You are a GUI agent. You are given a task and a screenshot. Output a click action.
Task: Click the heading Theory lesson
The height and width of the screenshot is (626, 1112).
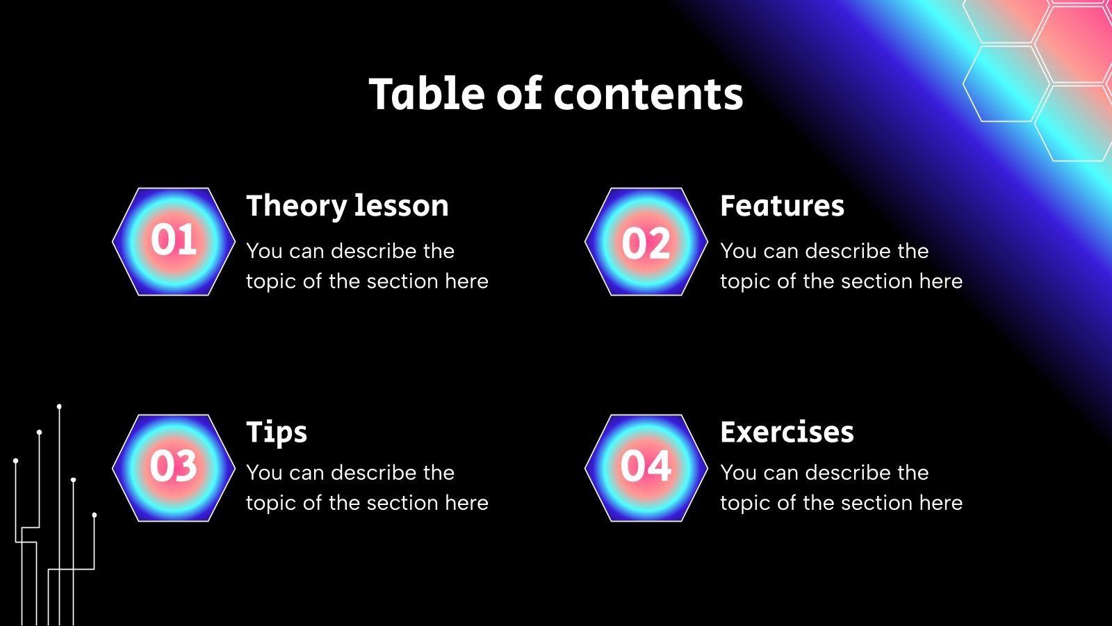click(347, 207)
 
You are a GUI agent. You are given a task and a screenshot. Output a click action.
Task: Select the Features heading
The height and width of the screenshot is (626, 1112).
click(782, 207)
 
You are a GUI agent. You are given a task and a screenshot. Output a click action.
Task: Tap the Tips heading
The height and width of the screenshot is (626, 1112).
click(277, 433)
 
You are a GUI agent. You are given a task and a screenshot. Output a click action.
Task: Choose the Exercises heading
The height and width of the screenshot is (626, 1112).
click(787, 433)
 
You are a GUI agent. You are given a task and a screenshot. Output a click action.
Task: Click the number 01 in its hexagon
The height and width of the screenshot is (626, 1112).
click(174, 241)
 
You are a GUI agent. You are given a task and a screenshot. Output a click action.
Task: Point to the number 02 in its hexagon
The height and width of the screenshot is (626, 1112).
click(646, 243)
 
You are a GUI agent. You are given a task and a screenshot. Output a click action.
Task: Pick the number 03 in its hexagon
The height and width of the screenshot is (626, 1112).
click(174, 466)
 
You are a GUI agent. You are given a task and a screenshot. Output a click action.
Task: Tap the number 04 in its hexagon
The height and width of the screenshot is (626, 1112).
click(646, 466)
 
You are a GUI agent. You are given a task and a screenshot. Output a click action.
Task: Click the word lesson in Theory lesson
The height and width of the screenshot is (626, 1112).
click(401, 207)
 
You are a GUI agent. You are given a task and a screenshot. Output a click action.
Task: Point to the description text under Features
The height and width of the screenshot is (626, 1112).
click(841, 266)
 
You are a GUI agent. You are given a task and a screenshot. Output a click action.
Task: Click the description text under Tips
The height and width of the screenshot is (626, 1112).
click(367, 488)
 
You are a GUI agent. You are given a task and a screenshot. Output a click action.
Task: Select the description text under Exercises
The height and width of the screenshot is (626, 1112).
click(841, 488)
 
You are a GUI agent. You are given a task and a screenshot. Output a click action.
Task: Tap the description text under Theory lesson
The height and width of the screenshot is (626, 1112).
click(367, 266)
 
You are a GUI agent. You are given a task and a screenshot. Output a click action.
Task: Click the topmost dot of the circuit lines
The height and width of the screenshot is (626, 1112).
click(59, 406)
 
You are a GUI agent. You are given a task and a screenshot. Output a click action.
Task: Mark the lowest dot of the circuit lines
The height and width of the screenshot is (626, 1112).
click(95, 515)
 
